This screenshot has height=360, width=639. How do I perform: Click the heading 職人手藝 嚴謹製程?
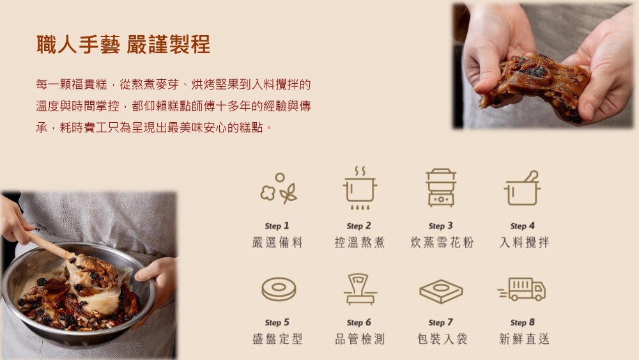(x=123, y=44)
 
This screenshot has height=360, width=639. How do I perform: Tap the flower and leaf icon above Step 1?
(x=279, y=189)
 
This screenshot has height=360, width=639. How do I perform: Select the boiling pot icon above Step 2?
(x=359, y=188)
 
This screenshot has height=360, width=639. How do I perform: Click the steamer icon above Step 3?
(x=441, y=187)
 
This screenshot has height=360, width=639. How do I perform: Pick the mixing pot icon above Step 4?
(x=523, y=188)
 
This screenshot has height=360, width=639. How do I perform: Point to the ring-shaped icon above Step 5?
(x=279, y=289)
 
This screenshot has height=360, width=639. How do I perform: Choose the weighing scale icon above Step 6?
(x=360, y=289)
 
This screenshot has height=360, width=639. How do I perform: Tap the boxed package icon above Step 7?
(x=441, y=291)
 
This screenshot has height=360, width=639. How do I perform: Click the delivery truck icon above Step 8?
(x=521, y=289)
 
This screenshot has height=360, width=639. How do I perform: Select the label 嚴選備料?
(x=277, y=242)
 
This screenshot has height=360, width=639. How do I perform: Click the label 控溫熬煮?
(x=359, y=242)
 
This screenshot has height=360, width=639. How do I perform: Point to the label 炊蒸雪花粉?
(x=442, y=242)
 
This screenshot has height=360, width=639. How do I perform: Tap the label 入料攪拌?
(x=524, y=242)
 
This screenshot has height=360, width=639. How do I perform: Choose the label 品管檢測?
(x=359, y=339)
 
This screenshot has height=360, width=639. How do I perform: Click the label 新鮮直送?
(x=524, y=339)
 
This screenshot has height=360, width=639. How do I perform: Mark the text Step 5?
(x=277, y=322)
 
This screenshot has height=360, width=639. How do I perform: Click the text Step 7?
(x=440, y=322)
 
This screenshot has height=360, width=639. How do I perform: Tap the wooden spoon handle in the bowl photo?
(x=46, y=244)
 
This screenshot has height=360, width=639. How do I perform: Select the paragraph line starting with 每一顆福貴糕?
(x=173, y=85)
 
